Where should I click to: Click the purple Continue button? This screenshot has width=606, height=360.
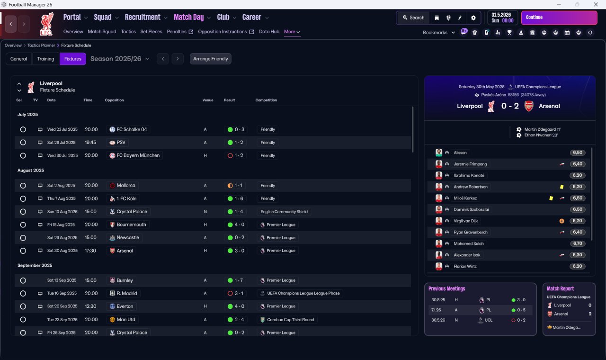(x=559, y=18)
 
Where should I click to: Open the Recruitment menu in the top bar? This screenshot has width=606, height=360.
(x=143, y=18)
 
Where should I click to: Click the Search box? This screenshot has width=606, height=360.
(x=413, y=18)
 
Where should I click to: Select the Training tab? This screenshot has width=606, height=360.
(x=45, y=59)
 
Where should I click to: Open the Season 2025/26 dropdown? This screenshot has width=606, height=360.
(x=120, y=59)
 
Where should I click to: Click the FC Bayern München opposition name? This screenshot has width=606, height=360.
(x=138, y=155)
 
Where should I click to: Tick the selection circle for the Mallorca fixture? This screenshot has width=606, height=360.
(x=23, y=186)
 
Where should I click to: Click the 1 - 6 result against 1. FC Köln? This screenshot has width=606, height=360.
(x=239, y=198)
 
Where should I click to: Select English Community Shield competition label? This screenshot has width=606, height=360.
(x=284, y=212)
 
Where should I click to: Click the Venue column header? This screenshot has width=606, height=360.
(x=208, y=100)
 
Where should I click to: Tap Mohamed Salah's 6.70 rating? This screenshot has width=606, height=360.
(x=578, y=243)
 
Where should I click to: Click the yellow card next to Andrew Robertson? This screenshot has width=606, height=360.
(x=561, y=187)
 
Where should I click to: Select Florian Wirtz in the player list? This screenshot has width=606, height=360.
(x=465, y=266)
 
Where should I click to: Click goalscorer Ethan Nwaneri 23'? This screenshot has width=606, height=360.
(x=541, y=135)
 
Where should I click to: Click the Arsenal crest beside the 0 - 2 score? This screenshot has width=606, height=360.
(x=529, y=106)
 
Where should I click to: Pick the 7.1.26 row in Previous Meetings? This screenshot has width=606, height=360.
(x=480, y=310)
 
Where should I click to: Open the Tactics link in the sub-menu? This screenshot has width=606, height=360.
(x=128, y=32)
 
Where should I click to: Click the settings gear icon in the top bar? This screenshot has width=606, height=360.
(x=473, y=18)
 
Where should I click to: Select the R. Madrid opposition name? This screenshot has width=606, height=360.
(x=126, y=293)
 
